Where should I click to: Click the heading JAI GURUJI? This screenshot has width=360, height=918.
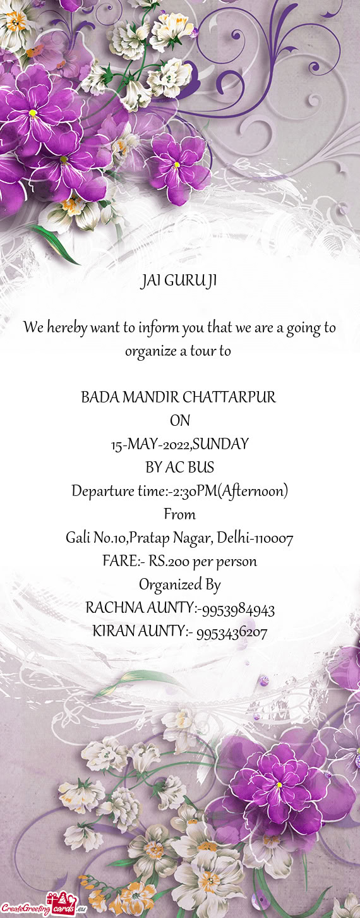[x=179, y=281]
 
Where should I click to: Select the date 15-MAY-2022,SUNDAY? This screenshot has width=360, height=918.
[x=180, y=444]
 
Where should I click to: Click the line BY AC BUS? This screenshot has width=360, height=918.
[x=180, y=468]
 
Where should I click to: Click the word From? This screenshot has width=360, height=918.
[x=180, y=514]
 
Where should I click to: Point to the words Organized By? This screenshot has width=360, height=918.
[x=180, y=585]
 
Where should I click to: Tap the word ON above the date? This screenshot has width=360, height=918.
[x=180, y=421]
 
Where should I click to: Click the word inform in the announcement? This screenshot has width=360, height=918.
[x=158, y=328]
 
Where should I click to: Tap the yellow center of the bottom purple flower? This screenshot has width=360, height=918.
[x=279, y=785]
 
